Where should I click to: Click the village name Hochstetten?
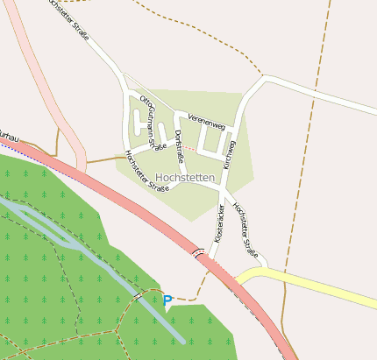(184, 178)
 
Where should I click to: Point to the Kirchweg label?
(230, 151)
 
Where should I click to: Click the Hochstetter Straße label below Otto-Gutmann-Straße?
(146, 170)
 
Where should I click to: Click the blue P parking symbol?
(167, 300)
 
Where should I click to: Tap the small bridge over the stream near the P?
(139, 297)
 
